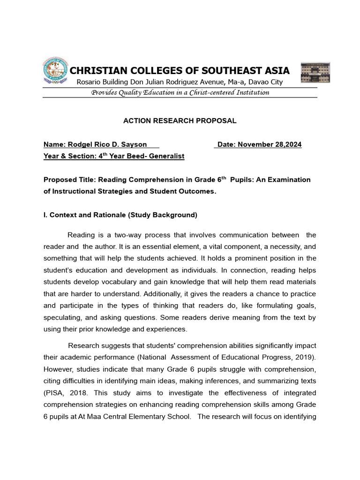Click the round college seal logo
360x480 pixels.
click(x=55, y=71)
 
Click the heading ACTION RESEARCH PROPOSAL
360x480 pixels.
click(x=180, y=121)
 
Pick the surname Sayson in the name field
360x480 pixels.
click(x=134, y=144)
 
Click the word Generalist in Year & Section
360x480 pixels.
click(x=167, y=156)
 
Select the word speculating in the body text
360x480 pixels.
click(x=63, y=317)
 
